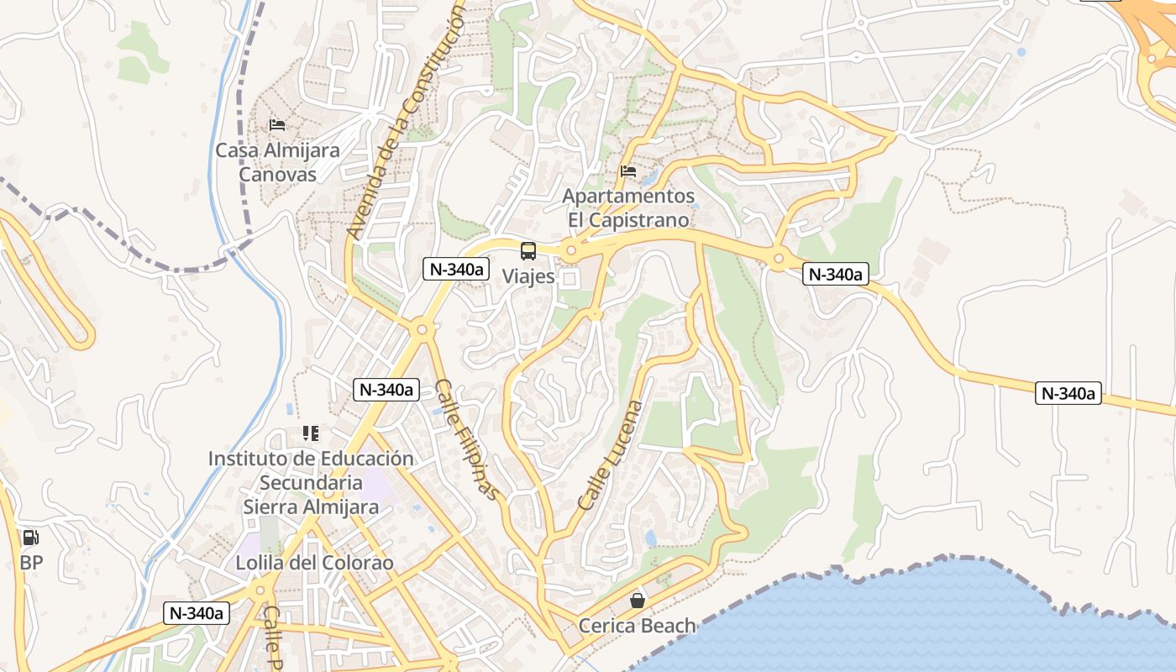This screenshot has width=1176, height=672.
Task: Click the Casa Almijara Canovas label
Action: [277, 162]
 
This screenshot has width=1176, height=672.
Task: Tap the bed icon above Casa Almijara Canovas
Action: [277, 125]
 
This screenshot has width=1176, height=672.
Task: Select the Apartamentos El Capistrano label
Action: [628, 207]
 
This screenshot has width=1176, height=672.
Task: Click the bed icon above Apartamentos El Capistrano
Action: [628, 171]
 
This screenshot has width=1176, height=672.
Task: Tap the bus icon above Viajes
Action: [528, 250]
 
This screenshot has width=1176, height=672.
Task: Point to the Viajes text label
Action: [528, 276]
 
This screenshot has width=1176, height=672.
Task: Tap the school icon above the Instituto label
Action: [311, 433]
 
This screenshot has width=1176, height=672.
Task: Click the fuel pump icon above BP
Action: [30, 538]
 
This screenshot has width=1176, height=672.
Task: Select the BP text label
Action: [31, 562]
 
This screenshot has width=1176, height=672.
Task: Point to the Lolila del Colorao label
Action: [314, 563]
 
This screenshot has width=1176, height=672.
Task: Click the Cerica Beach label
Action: [637, 626]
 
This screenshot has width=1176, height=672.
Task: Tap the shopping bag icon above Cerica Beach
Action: [638, 601]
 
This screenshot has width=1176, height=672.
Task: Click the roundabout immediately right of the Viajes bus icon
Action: [571, 249]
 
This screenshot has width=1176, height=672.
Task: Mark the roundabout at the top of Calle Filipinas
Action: [422, 331]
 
